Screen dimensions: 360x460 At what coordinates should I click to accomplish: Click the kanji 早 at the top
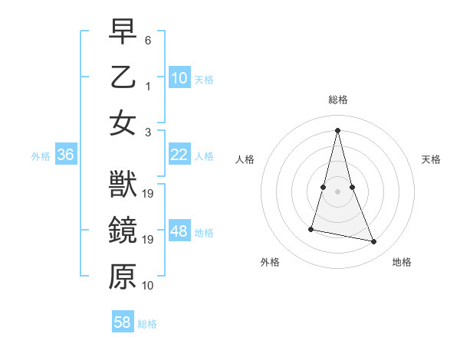pyautogui.click(x=123, y=33)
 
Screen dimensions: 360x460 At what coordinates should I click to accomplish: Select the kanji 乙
pyautogui.click(x=123, y=78)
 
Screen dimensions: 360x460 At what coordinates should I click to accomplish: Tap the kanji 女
pyautogui.click(x=123, y=123)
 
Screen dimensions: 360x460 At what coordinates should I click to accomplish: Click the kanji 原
pyautogui.click(x=123, y=277)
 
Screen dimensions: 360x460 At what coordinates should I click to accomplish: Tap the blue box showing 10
pyautogui.click(x=179, y=78)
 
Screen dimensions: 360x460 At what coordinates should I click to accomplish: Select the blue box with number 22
pyautogui.click(x=179, y=155)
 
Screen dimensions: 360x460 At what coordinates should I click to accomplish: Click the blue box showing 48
pyautogui.click(x=179, y=231)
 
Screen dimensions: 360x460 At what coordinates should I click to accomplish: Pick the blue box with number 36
pyautogui.click(x=66, y=155)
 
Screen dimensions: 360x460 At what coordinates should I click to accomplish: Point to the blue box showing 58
pyautogui.click(x=123, y=322)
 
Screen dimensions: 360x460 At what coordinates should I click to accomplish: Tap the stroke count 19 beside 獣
pyautogui.click(x=149, y=193)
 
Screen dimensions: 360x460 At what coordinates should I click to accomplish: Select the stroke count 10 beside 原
pyautogui.click(x=149, y=285)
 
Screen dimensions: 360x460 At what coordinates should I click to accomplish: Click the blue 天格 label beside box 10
pyautogui.click(x=204, y=80)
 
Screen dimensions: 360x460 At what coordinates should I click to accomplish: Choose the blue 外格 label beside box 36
pyautogui.click(x=41, y=156)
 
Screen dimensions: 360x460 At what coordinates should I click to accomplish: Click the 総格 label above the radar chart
pyautogui.click(x=338, y=100)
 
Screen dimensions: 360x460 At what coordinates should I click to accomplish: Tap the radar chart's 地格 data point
pyautogui.click(x=374, y=241)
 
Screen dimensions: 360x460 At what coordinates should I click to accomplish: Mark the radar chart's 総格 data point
pyautogui.click(x=338, y=130)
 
